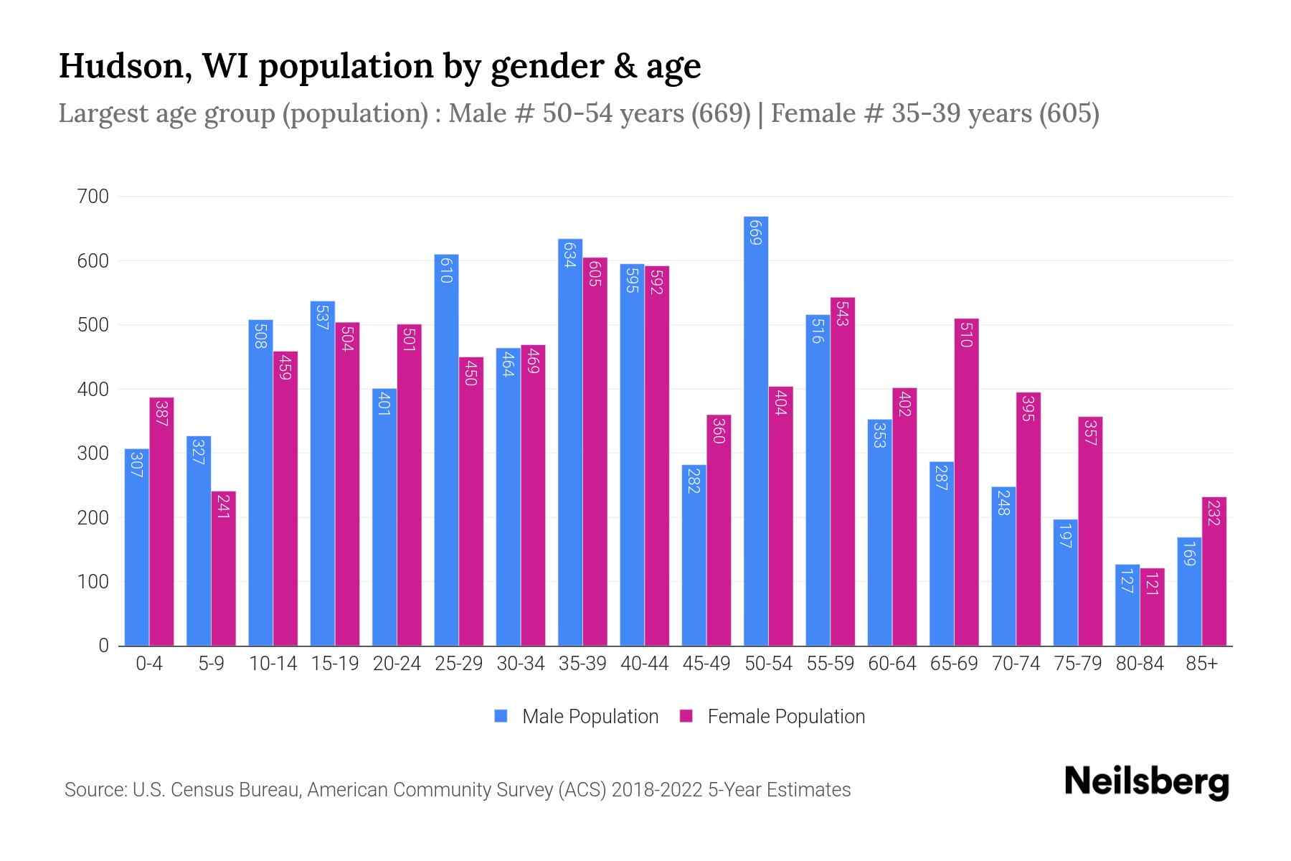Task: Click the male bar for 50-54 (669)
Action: [756, 430]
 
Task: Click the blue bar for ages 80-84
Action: [1127, 605]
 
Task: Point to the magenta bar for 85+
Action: [1214, 571]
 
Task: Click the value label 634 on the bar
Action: [569, 255]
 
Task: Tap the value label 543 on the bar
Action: [842, 314]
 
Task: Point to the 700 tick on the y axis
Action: [93, 197]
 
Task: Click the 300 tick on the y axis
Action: [93, 453]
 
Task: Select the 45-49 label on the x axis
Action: [706, 664]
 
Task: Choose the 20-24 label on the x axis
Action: [397, 664]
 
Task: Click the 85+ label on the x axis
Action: [1201, 664]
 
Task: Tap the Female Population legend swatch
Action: [686, 716]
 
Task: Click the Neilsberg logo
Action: [1146, 782]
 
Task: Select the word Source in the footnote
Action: [94, 790]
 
